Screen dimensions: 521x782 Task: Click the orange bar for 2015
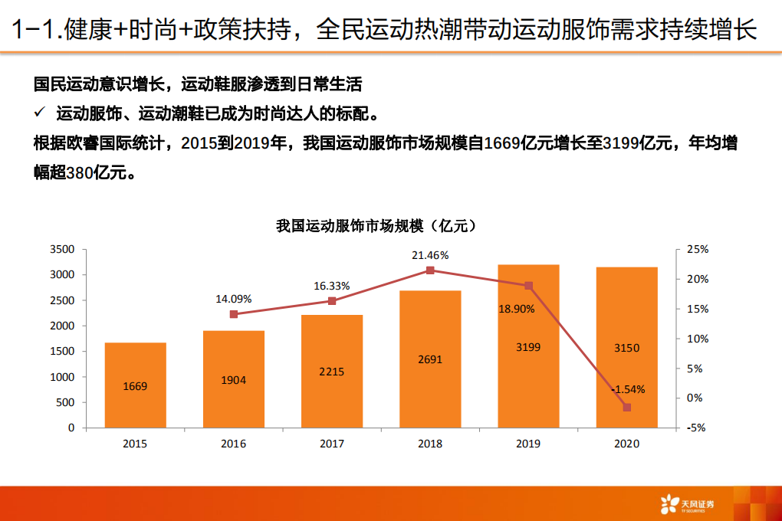[135, 385]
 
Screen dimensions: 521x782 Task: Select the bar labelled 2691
[430, 359]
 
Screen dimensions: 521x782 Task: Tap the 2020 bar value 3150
[626, 348]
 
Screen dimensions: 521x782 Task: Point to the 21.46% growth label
[430, 255]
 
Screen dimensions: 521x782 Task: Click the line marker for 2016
[234, 314]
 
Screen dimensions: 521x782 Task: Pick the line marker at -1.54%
[626, 408]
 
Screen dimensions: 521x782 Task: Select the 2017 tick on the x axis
[332, 444]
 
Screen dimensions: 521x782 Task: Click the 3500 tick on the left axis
[62, 249]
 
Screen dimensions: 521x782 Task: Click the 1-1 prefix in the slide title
[32, 30]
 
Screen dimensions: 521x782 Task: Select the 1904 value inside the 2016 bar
[233, 380]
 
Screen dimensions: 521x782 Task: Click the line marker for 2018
[430, 270]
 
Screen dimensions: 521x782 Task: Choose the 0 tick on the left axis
[72, 428]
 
